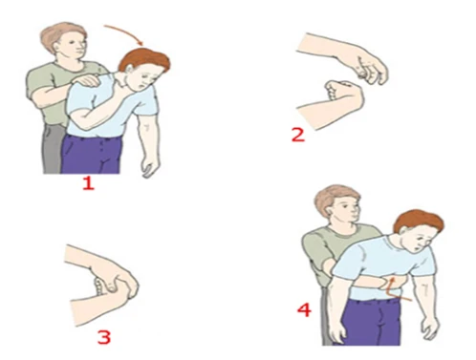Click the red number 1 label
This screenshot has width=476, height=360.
tap(88, 183)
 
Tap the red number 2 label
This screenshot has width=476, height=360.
tap(298, 135)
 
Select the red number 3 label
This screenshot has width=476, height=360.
tap(104, 337)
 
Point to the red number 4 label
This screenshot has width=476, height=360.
tap(304, 309)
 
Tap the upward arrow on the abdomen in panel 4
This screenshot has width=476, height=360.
tap(396, 288)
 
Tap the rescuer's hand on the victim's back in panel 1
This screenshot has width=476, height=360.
tap(85, 80)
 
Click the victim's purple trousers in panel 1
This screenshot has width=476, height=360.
tap(90, 155)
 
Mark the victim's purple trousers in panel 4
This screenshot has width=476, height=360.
tap(371, 322)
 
